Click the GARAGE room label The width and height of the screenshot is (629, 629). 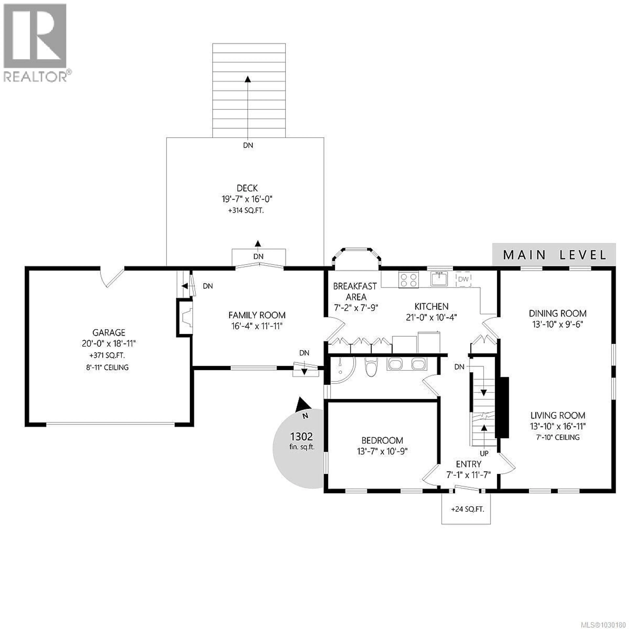click(x=109, y=332)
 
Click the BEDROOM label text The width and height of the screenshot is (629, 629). click(x=382, y=440)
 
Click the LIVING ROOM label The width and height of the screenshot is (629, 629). click(x=558, y=415)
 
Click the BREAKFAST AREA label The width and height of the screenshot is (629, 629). click(x=355, y=291)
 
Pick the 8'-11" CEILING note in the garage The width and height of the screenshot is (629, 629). click(x=107, y=368)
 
